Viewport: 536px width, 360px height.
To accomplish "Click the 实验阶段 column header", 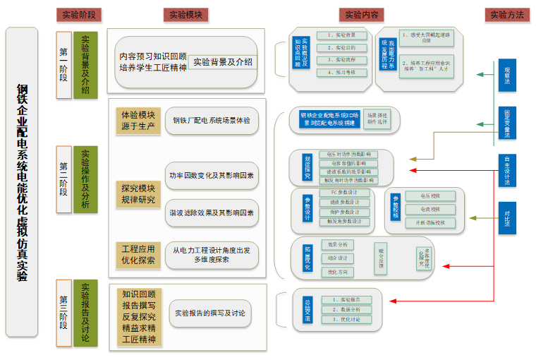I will [78, 14].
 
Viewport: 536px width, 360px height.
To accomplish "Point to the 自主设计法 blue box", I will [507, 170].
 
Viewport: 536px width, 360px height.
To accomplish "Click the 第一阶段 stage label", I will [63, 61].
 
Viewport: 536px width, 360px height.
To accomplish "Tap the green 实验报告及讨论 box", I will [85, 313].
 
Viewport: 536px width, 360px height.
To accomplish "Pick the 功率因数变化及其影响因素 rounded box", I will [212, 175].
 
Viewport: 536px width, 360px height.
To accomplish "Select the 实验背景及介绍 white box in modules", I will [222, 62].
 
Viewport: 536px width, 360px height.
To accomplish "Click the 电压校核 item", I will [430, 196].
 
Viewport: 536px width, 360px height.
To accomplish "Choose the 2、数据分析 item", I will [346, 309].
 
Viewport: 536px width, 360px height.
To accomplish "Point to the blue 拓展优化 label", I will [307, 258].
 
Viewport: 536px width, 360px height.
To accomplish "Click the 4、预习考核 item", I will [341, 73].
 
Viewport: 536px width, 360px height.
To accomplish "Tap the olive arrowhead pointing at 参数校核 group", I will [472, 218].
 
